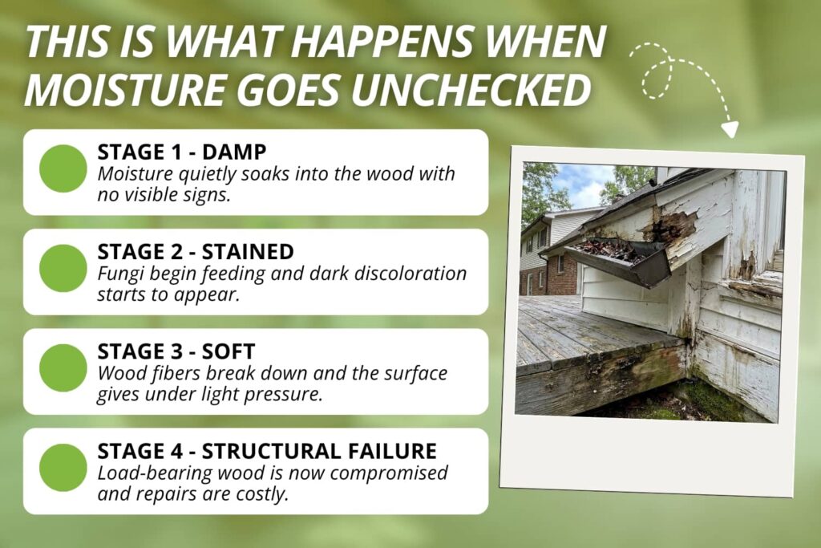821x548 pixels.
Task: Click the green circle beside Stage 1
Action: pyautogui.click(x=63, y=168)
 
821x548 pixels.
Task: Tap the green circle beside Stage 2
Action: pyautogui.click(x=63, y=268)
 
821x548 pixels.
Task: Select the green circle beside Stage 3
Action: pyautogui.click(x=63, y=367)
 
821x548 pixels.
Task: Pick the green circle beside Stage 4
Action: pyautogui.click(x=63, y=468)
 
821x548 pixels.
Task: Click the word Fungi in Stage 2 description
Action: pyautogui.click(x=118, y=274)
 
